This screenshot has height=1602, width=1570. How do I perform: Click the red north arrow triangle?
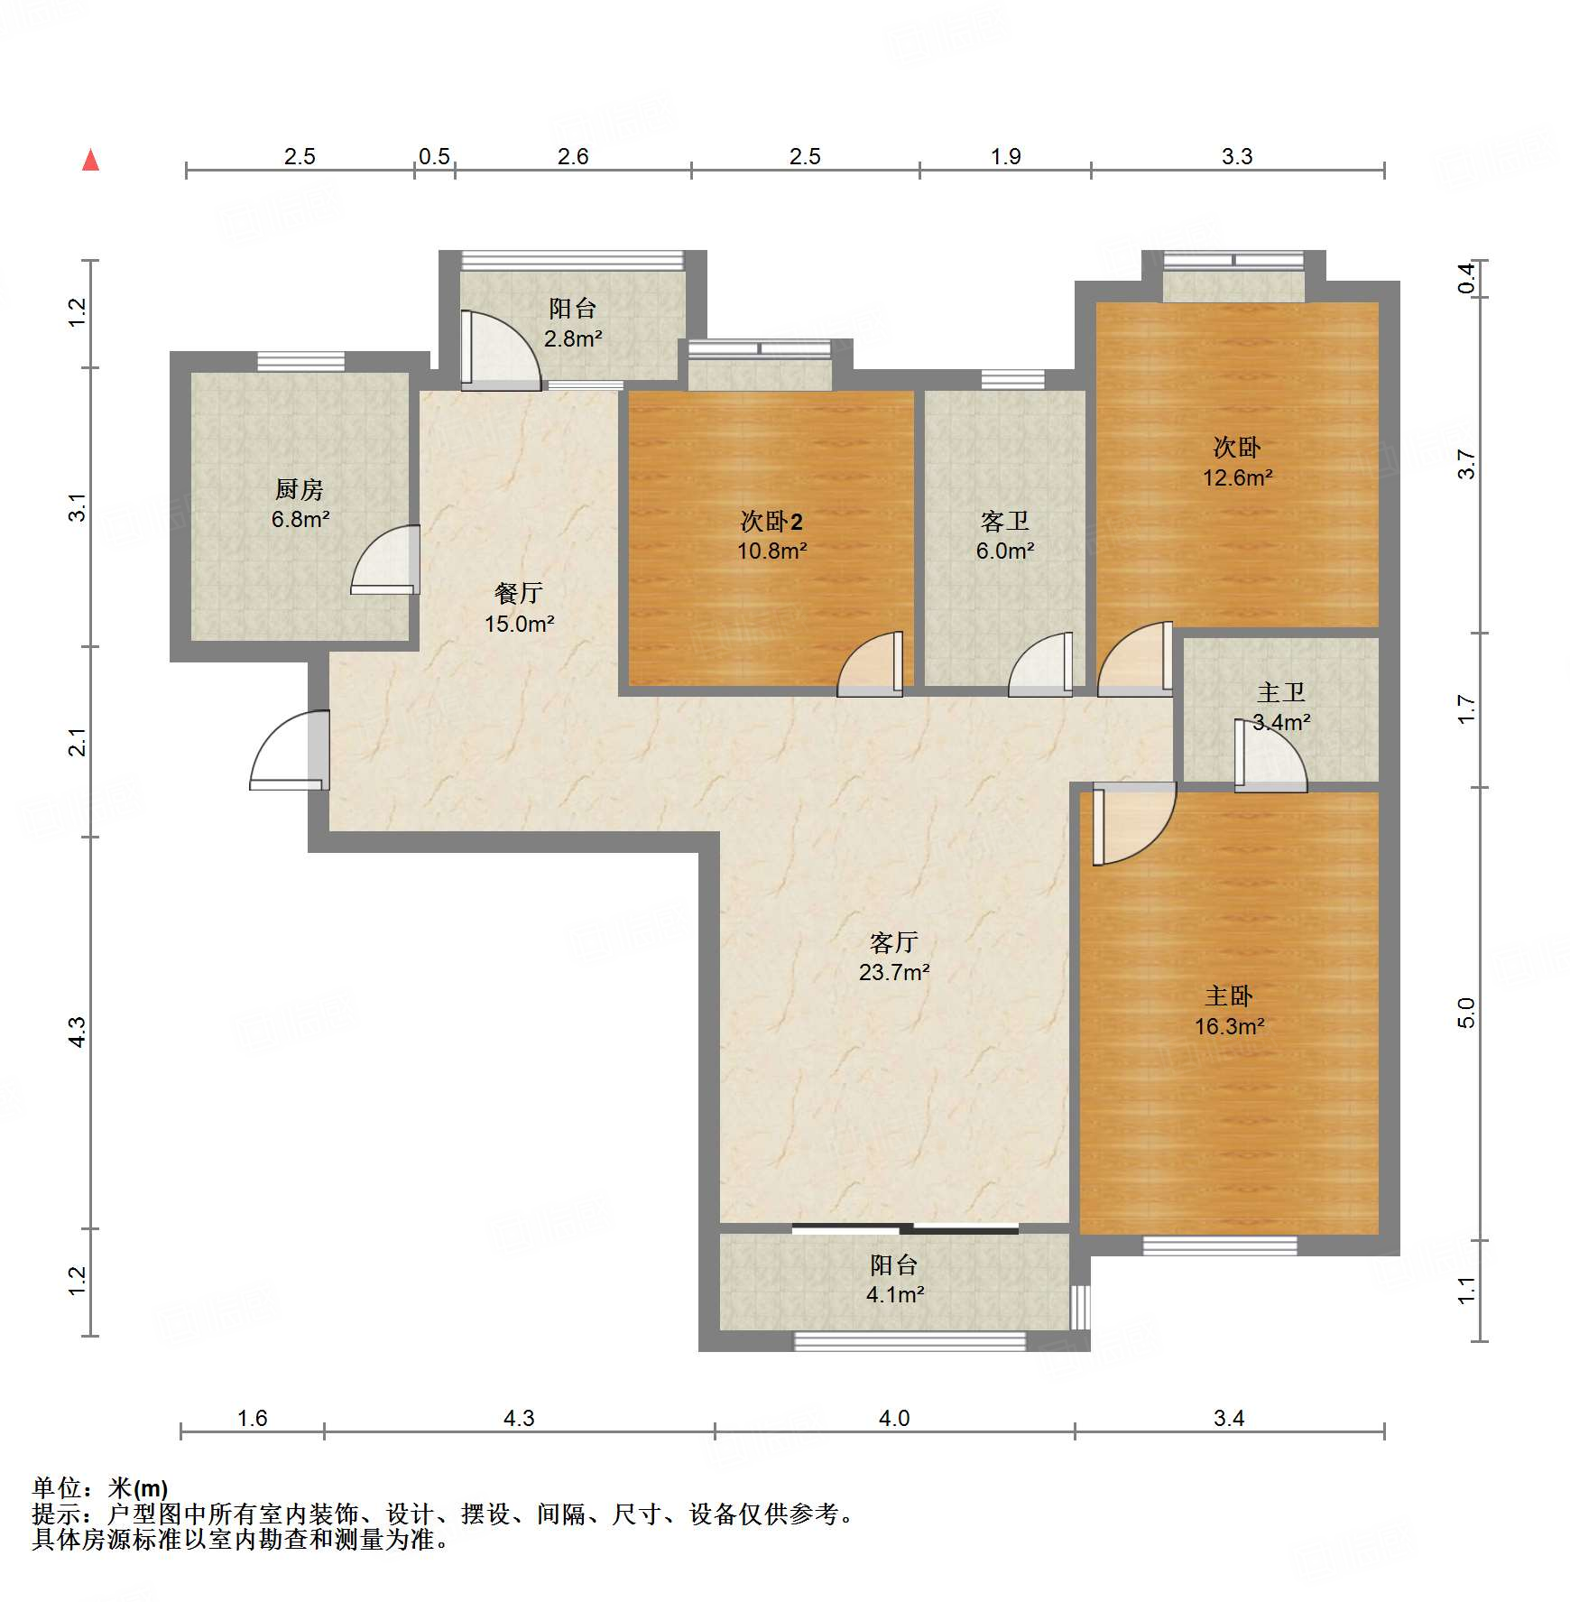(90, 160)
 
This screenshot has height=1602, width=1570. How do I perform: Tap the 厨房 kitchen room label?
(300, 490)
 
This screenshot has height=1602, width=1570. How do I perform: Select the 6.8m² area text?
(300, 520)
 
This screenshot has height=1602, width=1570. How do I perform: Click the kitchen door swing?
(385, 560)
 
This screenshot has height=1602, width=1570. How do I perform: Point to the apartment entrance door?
(290, 750)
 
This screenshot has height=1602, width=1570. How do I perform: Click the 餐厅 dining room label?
(519, 593)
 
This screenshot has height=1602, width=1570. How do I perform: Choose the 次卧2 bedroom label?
(771, 522)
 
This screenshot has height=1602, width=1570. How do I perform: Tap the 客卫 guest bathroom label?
(1005, 522)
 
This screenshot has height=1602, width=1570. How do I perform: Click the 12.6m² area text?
(1237, 477)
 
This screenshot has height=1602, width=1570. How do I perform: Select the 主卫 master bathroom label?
(1281, 692)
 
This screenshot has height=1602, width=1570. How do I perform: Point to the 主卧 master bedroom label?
(1229, 996)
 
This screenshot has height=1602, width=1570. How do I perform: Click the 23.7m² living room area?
(894, 972)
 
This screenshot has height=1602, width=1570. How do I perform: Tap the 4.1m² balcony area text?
(895, 1294)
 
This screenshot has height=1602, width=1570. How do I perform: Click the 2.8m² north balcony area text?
(573, 338)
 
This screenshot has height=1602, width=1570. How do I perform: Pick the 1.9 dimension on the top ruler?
(1005, 156)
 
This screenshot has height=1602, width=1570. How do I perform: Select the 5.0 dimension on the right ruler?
(1466, 1013)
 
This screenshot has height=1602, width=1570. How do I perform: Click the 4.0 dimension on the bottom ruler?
(894, 1418)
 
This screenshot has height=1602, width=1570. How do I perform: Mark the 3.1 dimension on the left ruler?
(78, 507)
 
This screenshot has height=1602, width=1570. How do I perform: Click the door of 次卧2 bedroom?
(871, 664)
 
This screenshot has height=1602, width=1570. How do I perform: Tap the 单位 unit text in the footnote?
(57, 1488)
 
